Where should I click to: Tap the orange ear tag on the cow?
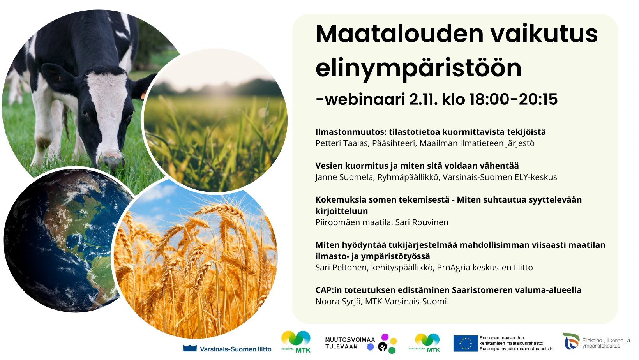[143, 95]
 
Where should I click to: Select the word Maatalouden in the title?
[399, 34]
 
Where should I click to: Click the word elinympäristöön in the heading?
[418, 69]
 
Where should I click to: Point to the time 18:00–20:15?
[513, 99]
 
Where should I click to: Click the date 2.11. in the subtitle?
[423, 99]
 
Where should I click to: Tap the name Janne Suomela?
[344, 177]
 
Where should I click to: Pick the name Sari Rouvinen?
[422, 222]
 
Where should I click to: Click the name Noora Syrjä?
[338, 301]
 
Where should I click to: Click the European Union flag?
[465, 344]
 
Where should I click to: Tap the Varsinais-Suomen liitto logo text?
[235, 349]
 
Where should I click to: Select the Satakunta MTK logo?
[296, 342]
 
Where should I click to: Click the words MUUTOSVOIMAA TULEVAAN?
[350, 343]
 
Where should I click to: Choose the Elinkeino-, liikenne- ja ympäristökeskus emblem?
[571, 341]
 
